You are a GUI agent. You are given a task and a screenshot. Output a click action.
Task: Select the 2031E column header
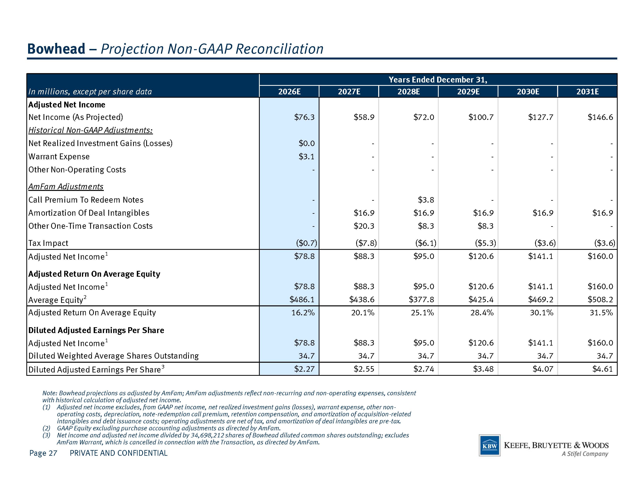pos(588,92)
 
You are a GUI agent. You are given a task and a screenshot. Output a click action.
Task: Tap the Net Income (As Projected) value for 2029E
pos(481,117)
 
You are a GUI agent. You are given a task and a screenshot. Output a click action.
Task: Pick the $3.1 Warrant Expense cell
pos(307,156)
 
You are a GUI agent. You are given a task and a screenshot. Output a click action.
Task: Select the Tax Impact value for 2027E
pos(366,243)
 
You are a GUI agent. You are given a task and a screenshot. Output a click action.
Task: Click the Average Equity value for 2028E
pos(421,299)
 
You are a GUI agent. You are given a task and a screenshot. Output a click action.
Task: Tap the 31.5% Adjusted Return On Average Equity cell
pos(601,313)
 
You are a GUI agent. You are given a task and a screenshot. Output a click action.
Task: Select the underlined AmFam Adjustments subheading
pos(66,186)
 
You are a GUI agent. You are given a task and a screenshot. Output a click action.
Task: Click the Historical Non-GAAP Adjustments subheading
pos(91,130)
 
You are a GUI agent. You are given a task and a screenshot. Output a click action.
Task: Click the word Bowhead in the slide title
pos(56,49)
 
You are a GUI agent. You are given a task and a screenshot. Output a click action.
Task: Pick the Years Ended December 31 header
pos(438,80)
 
